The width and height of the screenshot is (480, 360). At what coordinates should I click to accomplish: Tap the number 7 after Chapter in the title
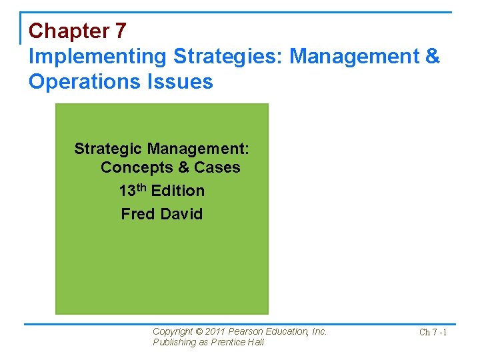point(121,31)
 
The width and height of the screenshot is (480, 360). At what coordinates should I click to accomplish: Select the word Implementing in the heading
point(97,57)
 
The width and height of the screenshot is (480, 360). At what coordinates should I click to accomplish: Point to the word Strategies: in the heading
point(228,57)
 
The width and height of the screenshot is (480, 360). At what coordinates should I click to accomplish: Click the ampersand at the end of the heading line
point(432,57)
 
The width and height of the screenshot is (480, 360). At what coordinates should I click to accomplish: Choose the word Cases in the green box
point(217,167)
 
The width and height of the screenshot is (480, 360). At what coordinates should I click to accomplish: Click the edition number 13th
point(133,191)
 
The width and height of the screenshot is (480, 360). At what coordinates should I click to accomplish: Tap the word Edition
point(178,191)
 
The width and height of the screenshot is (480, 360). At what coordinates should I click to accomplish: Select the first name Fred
point(136,214)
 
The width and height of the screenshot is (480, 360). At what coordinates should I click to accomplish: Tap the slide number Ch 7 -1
point(433,332)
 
